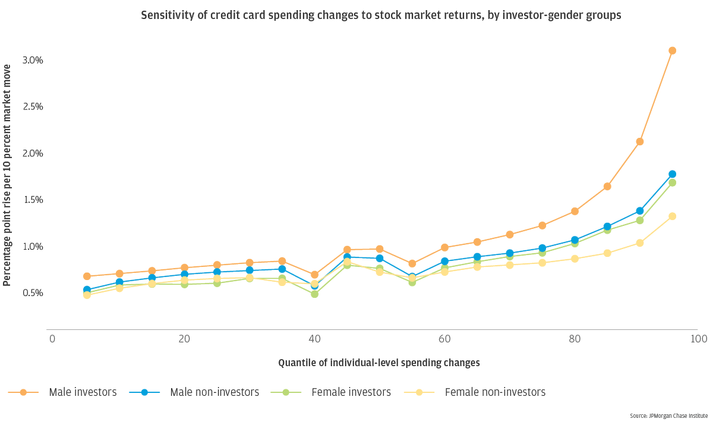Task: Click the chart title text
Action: tap(381, 16)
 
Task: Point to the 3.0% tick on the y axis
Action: tap(33, 61)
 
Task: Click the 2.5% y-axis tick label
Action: tap(33, 107)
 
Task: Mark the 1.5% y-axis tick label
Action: tap(33, 200)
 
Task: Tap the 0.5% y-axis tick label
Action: tap(33, 293)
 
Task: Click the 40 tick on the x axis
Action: tap(314, 339)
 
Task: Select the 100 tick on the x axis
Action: tap(698, 339)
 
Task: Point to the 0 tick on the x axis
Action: tap(52, 339)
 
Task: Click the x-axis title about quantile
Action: tap(378, 362)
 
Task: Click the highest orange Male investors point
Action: tap(672, 51)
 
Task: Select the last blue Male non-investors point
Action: tap(672, 174)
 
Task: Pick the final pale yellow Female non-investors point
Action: tap(672, 216)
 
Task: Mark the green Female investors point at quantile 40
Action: tap(314, 294)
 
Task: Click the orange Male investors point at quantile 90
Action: tap(639, 141)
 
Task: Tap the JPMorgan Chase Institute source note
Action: tap(668, 415)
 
